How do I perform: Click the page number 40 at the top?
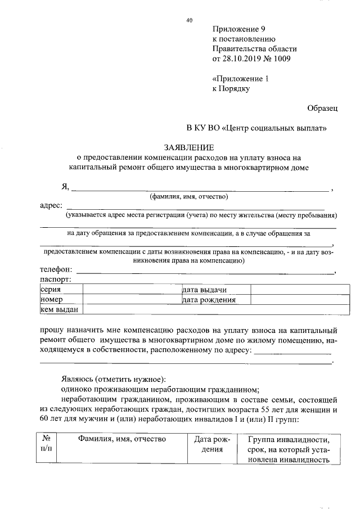[x=189, y=21]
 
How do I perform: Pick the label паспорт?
[x=55, y=279]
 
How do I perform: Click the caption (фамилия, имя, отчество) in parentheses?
[x=188, y=196]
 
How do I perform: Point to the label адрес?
[x=51, y=205]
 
